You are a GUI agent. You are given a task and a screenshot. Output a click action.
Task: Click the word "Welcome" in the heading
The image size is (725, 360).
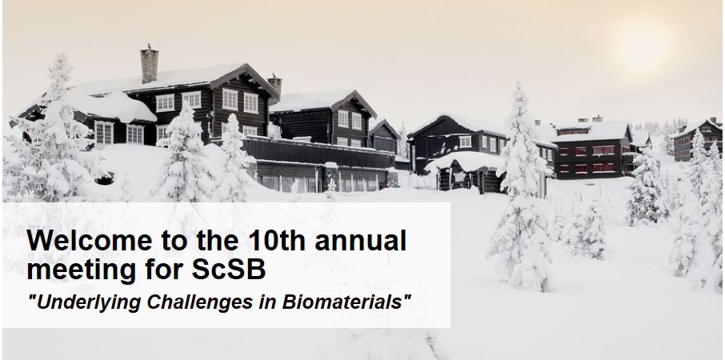click(90, 240)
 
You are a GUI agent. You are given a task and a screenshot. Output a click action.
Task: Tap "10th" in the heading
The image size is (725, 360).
click(270, 240)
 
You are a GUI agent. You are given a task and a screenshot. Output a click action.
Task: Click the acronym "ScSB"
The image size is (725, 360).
click(229, 270)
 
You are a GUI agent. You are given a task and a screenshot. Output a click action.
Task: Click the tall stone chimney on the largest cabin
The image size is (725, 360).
click(150, 64)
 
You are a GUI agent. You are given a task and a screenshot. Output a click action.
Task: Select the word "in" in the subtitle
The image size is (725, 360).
click(267, 302)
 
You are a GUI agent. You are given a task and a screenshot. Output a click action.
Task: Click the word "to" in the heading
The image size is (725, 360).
click(174, 242)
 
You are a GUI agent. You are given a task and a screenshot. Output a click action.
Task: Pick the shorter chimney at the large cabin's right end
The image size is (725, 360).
click(274, 88)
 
